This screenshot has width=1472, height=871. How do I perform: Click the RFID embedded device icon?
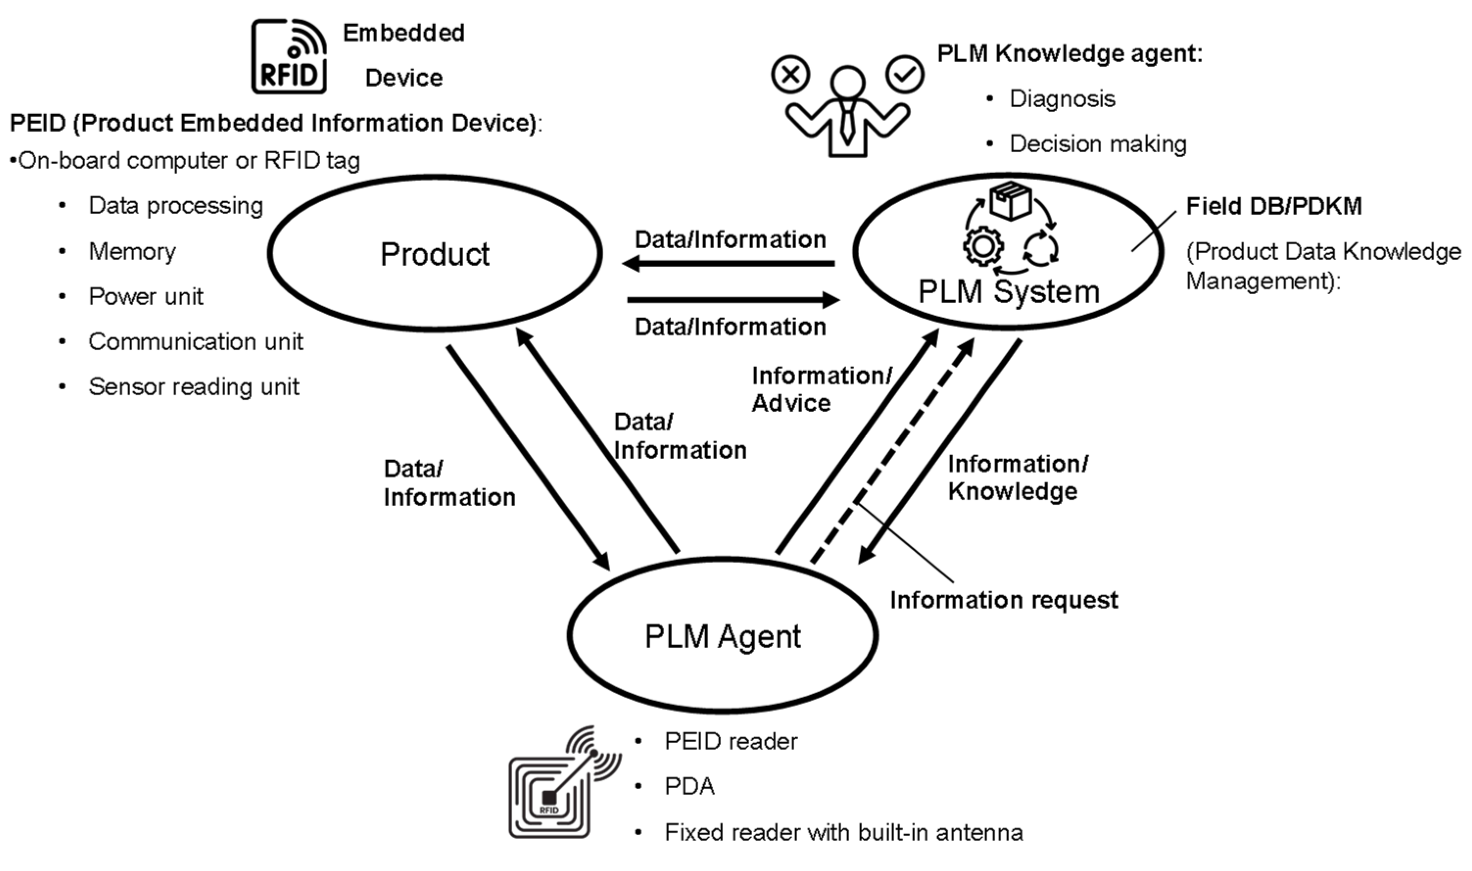tap(289, 56)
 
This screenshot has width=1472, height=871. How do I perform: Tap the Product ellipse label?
tap(435, 254)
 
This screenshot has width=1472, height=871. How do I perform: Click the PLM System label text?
tap(1008, 292)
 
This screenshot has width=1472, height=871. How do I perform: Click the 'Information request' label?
tap(1004, 600)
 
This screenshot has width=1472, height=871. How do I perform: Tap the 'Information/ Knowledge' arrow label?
tap(1018, 477)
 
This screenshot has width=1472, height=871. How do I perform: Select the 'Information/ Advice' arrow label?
tap(822, 389)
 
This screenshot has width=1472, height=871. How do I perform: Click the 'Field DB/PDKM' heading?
tap(1274, 206)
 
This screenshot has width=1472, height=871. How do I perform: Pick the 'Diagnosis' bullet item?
tap(1062, 98)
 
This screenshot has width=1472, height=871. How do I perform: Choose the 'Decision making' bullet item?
tap(1097, 144)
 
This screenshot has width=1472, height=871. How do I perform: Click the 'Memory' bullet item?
tap(132, 252)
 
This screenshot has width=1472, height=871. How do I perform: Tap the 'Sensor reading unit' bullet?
tap(194, 387)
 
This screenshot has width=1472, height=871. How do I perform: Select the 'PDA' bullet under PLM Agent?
tap(689, 786)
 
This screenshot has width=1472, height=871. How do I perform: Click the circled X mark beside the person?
tap(790, 74)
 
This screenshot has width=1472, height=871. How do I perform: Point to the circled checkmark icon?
tap(905, 74)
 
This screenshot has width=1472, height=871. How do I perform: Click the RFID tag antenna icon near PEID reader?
tap(564, 782)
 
